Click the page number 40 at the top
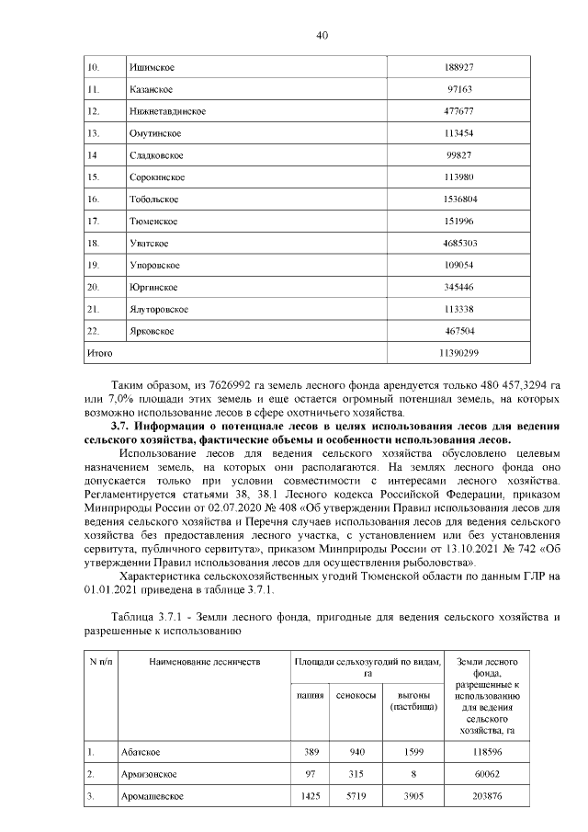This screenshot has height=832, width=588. (322, 36)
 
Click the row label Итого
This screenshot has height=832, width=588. (99, 352)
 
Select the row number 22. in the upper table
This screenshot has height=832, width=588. (93, 330)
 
